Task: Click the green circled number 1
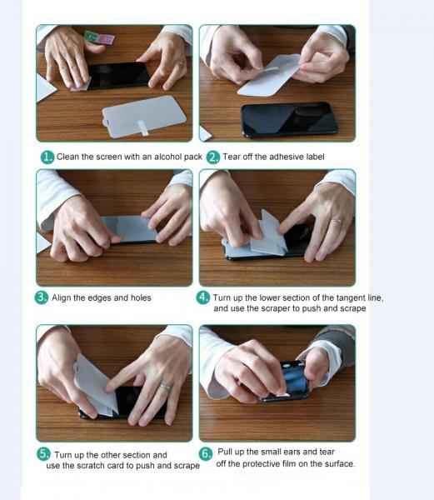tap(47, 157)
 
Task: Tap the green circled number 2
tap(213, 157)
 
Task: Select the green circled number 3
tap(42, 297)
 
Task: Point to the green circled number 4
tap(203, 297)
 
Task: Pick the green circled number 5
tap(43, 454)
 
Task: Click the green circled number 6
tap(206, 454)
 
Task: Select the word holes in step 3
tap(141, 297)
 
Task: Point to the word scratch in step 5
tap(92, 466)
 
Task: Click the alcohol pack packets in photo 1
tap(99, 38)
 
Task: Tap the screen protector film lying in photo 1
tap(144, 117)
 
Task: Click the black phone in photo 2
tap(289, 119)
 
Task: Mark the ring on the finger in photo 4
tap(337, 221)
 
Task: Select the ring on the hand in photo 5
tap(165, 386)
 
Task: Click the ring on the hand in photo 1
tap(181, 63)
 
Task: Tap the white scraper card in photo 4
tap(268, 235)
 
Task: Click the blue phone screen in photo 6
tap(295, 377)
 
